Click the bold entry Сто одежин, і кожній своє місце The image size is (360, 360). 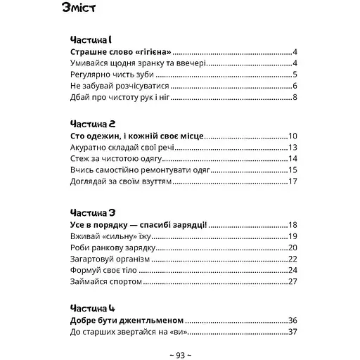tap(140, 136)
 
